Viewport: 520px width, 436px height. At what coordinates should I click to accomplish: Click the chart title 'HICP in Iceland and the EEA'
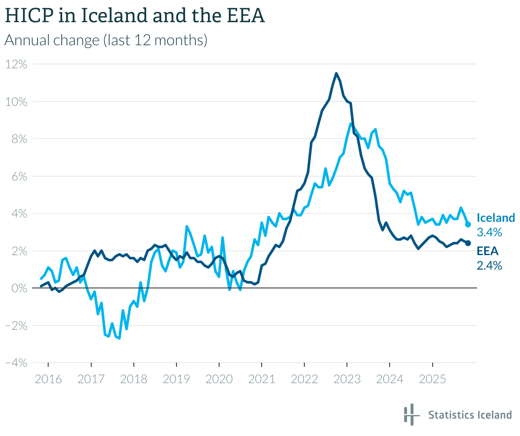pos(135,16)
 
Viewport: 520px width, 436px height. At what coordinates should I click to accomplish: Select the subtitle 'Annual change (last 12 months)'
pos(106,40)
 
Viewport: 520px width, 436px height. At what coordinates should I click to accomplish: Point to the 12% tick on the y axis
pos(16,64)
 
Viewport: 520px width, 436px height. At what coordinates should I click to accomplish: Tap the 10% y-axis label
pos(16,102)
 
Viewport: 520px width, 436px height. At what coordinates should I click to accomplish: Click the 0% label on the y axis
pos(19,288)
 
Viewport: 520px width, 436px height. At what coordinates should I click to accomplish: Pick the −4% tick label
pos(16,363)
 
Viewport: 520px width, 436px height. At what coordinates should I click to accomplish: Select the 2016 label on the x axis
pos(48,379)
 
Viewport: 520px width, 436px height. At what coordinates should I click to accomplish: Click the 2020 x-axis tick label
pos(219,379)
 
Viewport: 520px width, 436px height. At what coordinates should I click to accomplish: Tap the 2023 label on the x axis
pos(347,379)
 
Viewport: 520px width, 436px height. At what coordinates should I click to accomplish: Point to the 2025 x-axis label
pos(432,379)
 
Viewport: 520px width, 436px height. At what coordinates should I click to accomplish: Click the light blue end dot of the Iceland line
pos(468,224)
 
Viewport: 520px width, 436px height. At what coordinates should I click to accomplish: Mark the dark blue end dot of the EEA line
pos(468,243)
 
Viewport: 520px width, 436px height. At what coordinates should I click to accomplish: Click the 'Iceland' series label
pos(495,218)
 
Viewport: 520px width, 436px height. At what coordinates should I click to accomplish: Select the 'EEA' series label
pos(487,251)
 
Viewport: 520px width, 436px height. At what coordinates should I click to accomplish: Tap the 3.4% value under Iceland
pos(489,233)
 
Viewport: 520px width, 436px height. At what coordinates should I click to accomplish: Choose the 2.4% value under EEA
pos(489,266)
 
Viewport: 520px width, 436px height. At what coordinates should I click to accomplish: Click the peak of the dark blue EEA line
pos(336,73)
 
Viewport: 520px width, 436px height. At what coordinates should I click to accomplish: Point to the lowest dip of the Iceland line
pos(119,338)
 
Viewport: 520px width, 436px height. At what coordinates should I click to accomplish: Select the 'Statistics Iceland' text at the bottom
pos(470,415)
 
